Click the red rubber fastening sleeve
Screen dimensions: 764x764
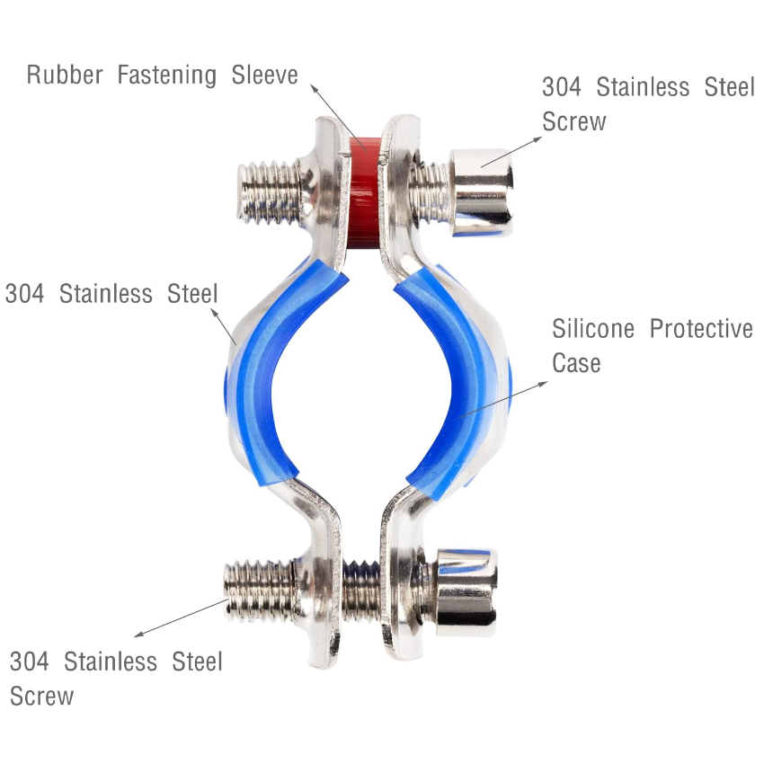(364, 192)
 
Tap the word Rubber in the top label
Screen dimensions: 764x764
(65, 75)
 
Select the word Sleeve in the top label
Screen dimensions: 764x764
(264, 75)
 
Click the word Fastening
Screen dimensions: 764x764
(167, 76)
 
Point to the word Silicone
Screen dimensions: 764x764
(593, 329)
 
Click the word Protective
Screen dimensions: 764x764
(701, 329)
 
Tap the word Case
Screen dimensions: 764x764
(576, 363)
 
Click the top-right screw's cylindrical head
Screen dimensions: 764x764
(482, 192)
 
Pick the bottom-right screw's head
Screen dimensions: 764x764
(466, 592)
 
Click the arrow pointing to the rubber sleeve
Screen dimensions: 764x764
(339, 118)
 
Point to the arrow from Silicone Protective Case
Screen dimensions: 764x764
(503, 399)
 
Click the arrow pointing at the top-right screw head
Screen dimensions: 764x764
(511, 152)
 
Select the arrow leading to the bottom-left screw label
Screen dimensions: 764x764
(181, 617)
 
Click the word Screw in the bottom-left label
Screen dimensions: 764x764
(42, 696)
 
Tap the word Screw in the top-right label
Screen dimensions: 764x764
(574, 121)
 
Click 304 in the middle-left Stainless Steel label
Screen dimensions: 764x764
(24, 294)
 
